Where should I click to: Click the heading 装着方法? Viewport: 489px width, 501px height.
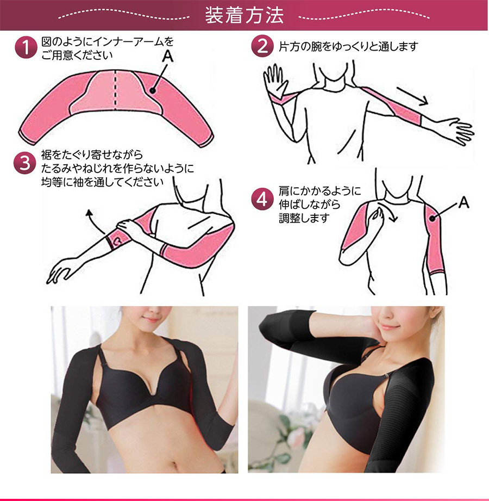pyautogui.click(x=244, y=15)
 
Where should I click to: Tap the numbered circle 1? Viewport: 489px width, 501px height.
pyautogui.click(x=26, y=47)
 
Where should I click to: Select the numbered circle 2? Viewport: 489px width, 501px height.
pyautogui.click(x=262, y=46)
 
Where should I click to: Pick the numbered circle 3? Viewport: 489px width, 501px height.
pyautogui.click(x=24, y=163)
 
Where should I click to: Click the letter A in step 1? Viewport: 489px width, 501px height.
pyautogui.click(x=167, y=56)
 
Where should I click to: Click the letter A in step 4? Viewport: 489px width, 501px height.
pyautogui.click(x=463, y=202)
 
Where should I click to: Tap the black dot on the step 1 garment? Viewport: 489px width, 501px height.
pyautogui.click(x=153, y=90)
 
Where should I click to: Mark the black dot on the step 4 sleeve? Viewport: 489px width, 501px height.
pyautogui.click(x=432, y=219)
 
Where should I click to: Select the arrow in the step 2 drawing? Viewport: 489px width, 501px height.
pyautogui.click(x=412, y=96)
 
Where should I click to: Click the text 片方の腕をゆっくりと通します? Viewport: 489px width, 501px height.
pyautogui.click(x=348, y=47)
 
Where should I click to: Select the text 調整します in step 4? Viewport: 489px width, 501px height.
pyautogui.click(x=304, y=218)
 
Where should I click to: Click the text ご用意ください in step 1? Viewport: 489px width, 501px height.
pyautogui.click(x=77, y=55)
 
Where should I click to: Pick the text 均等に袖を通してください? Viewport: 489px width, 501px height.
pyautogui.click(x=102, y=182)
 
